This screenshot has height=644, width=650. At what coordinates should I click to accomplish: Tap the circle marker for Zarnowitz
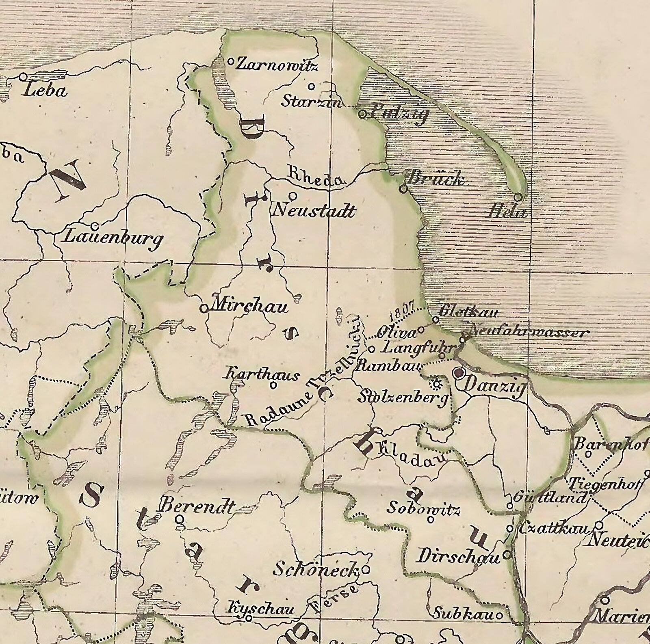pyautogui.click(x=230, y=62)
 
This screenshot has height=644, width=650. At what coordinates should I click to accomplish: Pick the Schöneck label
pyautogui.click(x=316, y=569)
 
